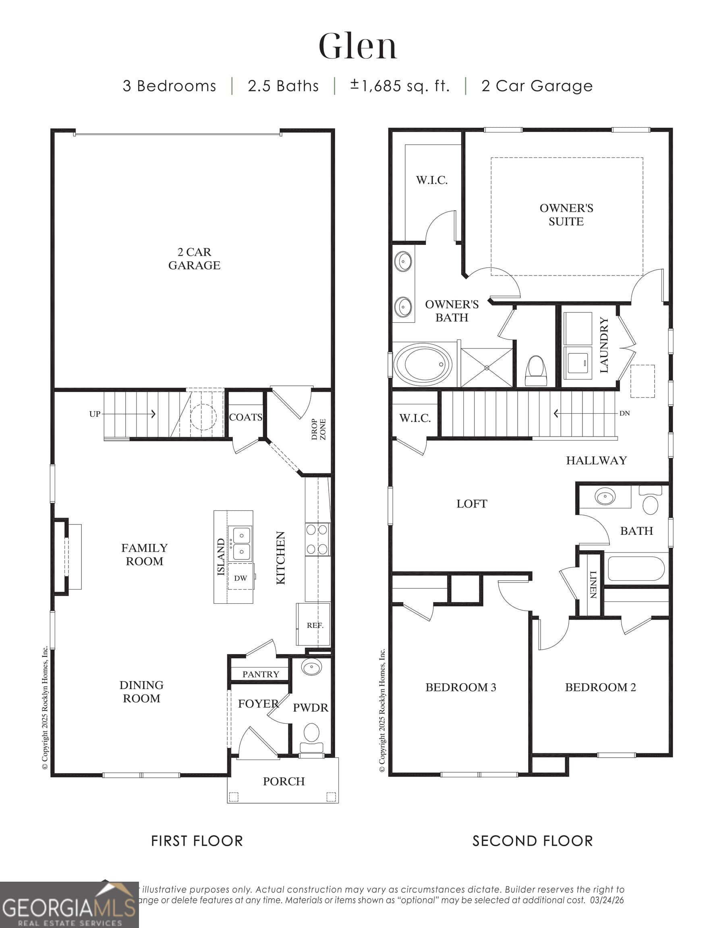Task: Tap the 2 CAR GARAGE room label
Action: click(194, 258)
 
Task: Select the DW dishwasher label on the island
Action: click(240, 578)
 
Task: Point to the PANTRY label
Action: click(261, 674)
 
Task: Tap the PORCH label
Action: click(284, 781)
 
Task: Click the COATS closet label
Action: click(245, 417)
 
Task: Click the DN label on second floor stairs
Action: click(624, 413)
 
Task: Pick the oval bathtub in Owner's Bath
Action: click(423, 364)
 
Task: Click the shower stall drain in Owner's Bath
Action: click(487, 368)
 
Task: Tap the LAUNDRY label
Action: click(604, 345)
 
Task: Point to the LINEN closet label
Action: click(593, 585)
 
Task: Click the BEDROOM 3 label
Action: click(460, 687)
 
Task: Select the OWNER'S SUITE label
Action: click(566, 215)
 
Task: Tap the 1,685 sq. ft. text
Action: click(400, 86)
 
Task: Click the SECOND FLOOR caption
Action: click(532, 841)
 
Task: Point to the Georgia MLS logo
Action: click(69, 905)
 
